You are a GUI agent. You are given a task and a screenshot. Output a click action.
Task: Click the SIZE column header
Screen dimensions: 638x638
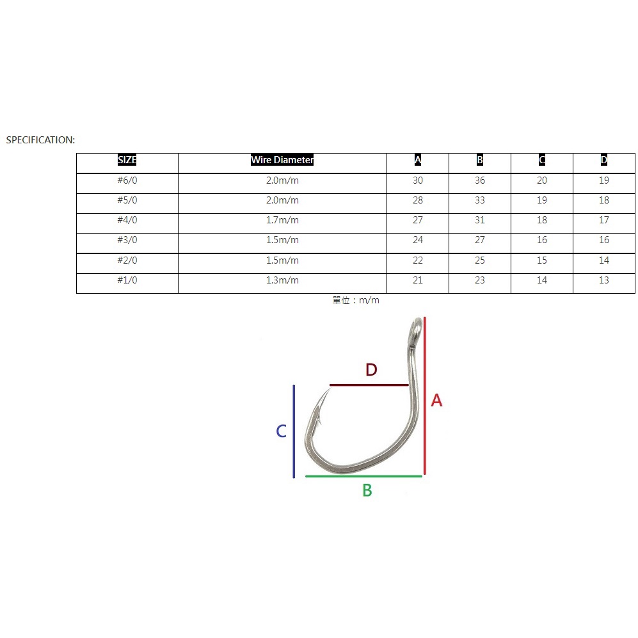[x=127, y=160]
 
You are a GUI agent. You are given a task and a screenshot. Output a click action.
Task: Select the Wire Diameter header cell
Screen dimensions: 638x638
[x=282, y=160]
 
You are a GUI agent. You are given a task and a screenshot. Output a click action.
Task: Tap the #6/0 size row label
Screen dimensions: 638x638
[x=127, y=180]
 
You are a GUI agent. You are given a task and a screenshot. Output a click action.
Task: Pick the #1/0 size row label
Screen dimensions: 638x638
[x=127, y=280]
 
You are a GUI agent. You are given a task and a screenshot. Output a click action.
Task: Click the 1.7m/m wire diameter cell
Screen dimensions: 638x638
[x=282, y=220]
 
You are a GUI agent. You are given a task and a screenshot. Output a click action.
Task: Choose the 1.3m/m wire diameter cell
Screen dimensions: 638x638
[x=282, y=280]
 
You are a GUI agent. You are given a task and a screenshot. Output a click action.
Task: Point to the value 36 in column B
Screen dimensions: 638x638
[x=480, y=180]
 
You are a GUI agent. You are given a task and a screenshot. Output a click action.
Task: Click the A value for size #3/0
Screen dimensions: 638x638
[x=418, y=240]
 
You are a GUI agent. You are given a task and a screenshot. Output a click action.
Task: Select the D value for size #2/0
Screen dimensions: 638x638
[x=604, y=260]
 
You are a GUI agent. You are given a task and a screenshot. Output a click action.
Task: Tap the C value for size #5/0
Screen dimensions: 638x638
[x=542, y=200]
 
